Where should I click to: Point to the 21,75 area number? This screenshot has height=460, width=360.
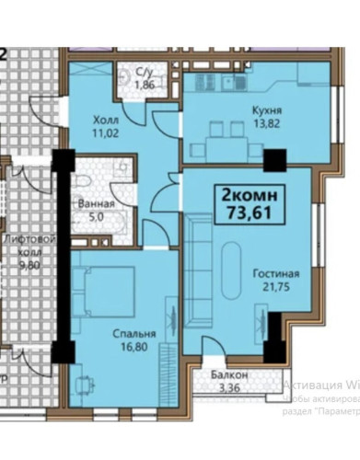click(x=276, y=287)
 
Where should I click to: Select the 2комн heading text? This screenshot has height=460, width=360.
click(x=246, y=196)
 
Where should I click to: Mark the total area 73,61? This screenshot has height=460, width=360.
click(x=246, y=213)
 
